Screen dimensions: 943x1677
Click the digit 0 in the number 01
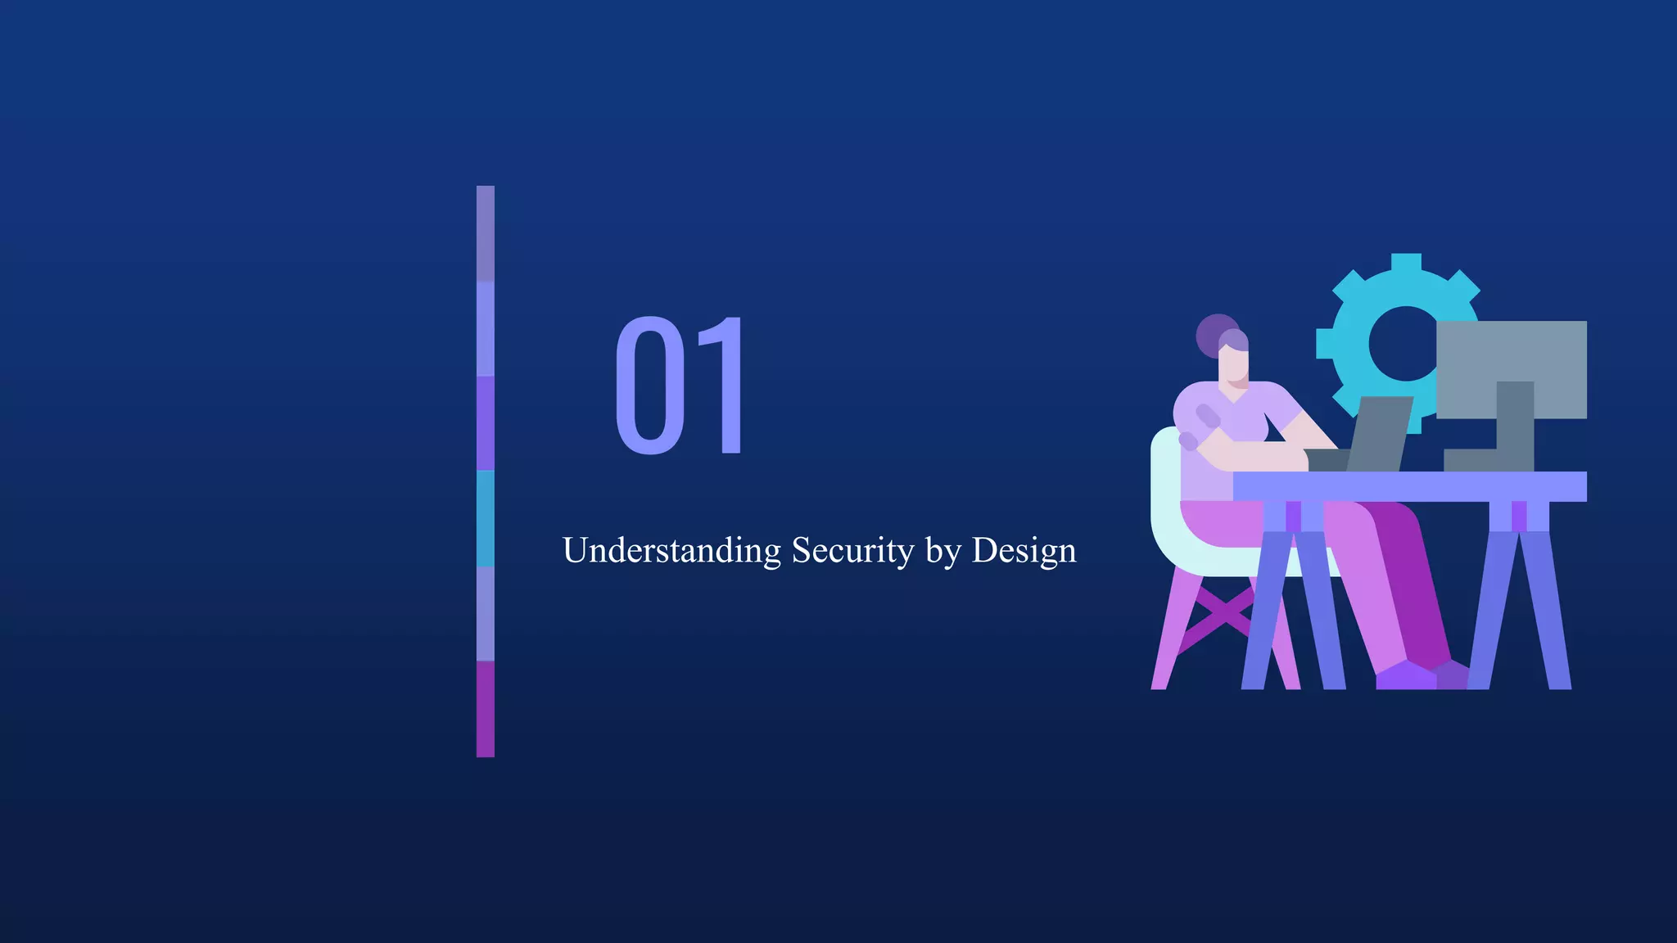(x=650, y=386)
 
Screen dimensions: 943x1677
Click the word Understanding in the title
(x=671, y=550)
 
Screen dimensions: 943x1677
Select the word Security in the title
(x=852, y=550)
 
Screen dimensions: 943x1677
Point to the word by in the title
(x=942, y=552)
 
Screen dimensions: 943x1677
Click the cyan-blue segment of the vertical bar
(x=486, y=518)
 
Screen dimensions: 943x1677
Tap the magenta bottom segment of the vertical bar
(x=486, y=709)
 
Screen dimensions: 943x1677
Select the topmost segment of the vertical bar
(x=486, y=233)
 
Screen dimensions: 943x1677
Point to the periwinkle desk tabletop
(x=1408, y=486)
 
